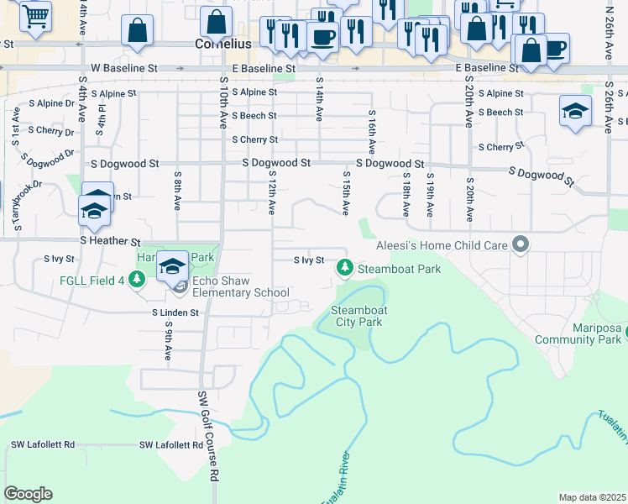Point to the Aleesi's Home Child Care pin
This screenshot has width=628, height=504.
click(521, 244)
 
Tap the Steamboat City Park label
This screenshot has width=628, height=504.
click(359, 315)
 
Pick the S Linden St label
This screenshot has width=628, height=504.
click(175, 312)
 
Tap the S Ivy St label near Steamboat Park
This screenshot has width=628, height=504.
click(308, 260)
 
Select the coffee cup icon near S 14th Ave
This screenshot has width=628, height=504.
click(322, 36)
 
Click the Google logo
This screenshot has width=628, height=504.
click(28, 494)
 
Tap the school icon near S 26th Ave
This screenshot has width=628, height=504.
click(575, 111)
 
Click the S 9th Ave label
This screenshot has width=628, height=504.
click(169, 340)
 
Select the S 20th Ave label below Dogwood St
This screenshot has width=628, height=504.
click(469, 199)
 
